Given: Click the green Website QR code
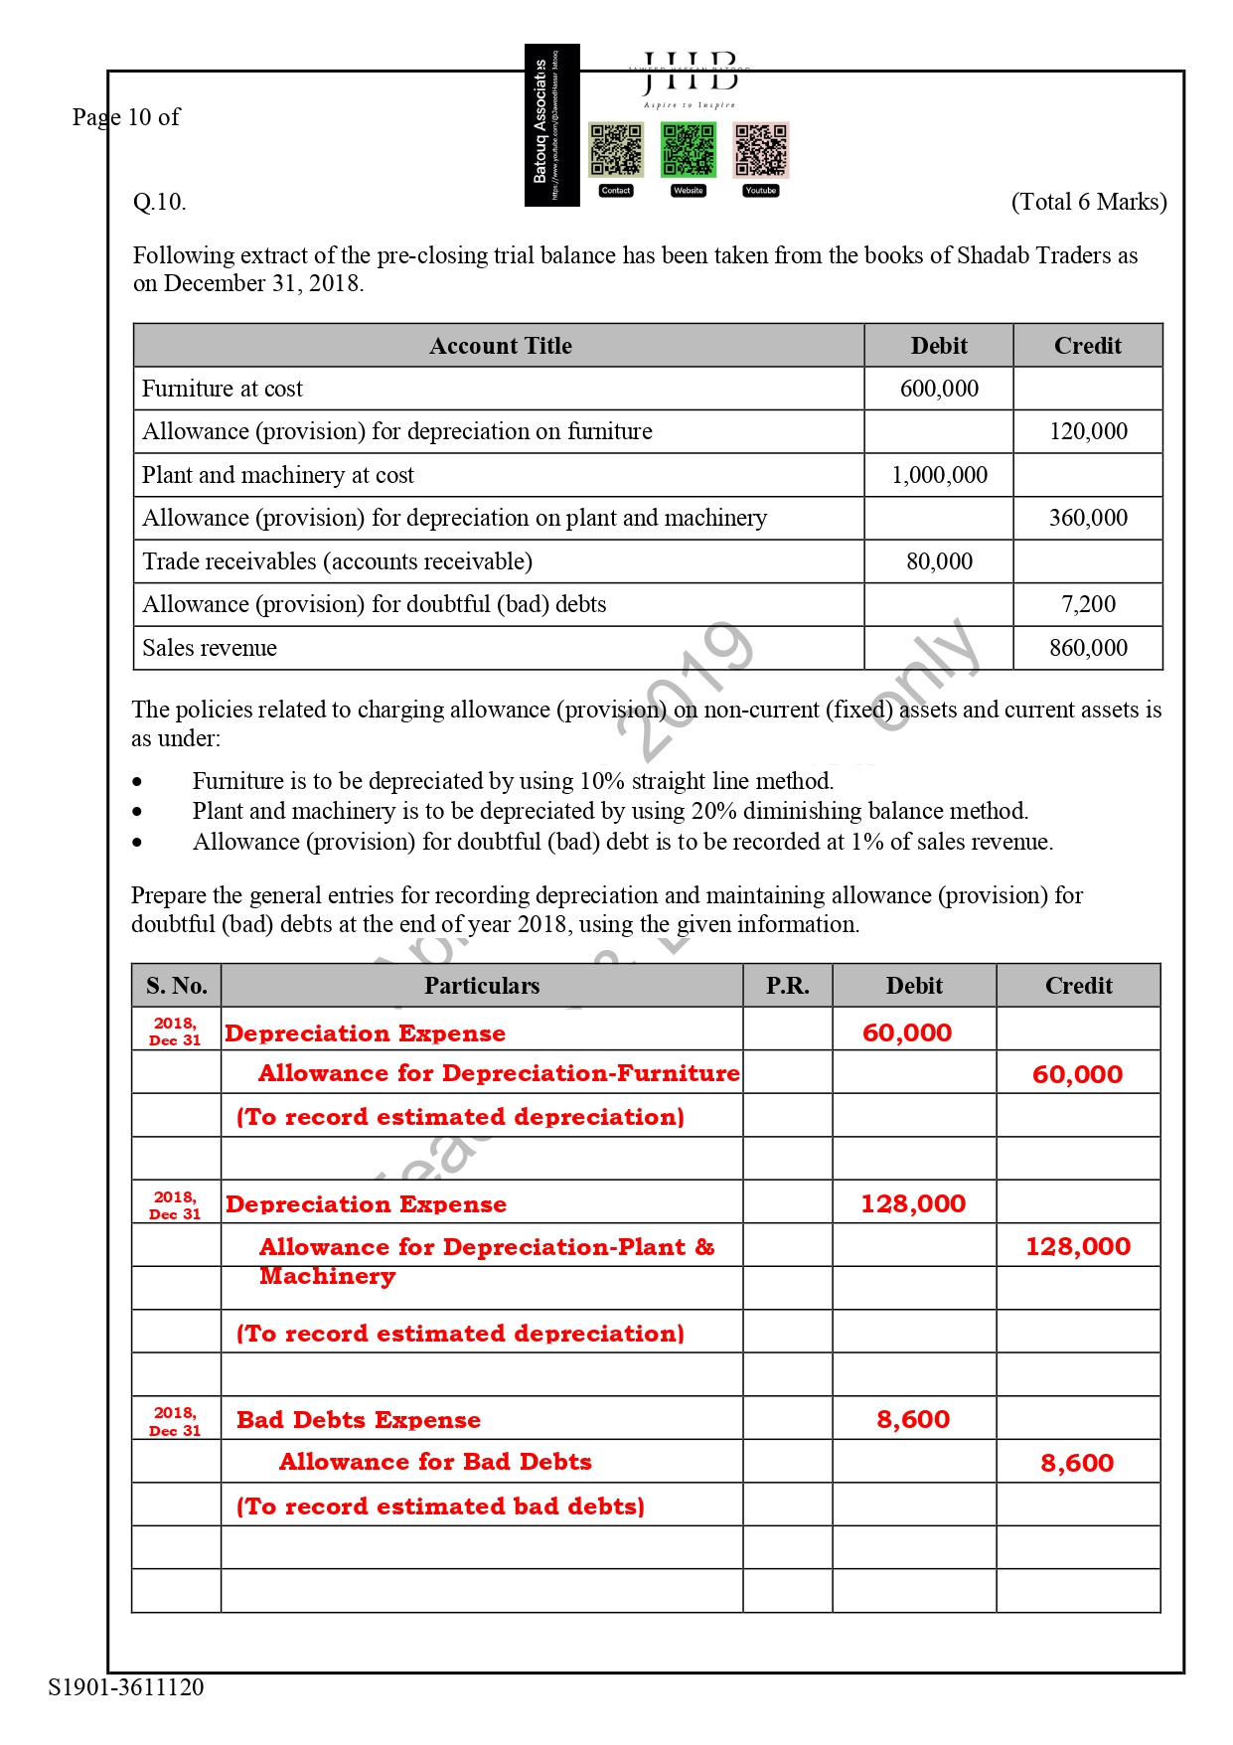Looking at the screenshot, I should (688, 149).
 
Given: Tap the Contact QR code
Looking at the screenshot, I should (616, 149).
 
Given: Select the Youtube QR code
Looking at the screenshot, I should (760, 149).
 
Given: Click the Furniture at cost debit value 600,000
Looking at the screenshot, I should (939, 389).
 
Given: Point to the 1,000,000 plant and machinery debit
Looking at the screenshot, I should (939, 475).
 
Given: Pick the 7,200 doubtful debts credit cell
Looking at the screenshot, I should (1088, 604).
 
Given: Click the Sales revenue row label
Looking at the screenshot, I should (210, 648).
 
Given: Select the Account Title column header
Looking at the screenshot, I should (500, 346).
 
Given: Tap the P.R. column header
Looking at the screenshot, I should (787, 986).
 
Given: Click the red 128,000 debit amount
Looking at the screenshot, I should (913, 1203).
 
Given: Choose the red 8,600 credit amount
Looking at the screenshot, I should (1077, 1463).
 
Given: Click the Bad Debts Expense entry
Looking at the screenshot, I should (359, 1420).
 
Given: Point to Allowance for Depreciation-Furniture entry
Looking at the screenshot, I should (499, 1073).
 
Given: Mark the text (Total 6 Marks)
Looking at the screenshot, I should (1089, 202).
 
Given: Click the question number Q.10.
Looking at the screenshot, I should (160, 202).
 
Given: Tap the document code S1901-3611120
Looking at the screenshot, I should (126, 1687).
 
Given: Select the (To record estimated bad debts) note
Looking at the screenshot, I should (440, 1507).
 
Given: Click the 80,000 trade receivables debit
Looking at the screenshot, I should (939, 561).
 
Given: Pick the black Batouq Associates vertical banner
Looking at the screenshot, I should (551, 125).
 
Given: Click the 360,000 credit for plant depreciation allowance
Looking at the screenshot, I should (1088, 518).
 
